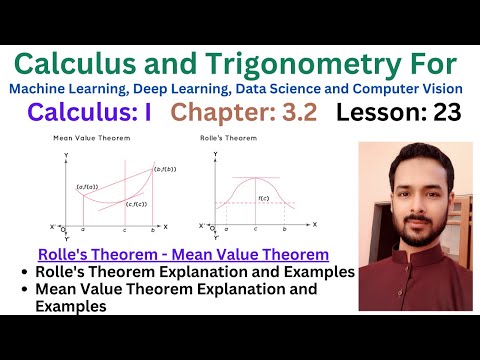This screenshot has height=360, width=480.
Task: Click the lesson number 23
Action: [446, 113]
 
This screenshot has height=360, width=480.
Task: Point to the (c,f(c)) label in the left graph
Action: [137, 205]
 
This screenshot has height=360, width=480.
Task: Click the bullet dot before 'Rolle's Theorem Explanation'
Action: [24, 272]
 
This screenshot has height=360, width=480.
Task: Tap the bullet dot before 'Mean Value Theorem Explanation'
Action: [24, 290]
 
